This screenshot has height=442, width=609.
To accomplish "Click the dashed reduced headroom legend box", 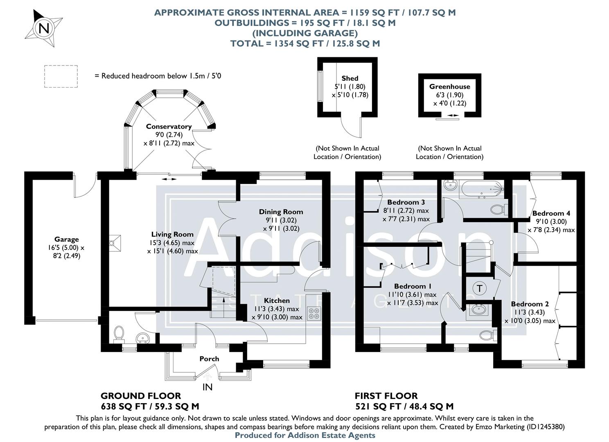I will point(61,76).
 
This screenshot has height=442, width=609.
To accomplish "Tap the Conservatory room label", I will point(169,126).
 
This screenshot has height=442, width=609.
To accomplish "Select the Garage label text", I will point(66,239).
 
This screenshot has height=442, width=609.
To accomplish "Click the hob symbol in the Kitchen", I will point(314,314).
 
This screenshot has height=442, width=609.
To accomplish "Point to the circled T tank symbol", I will point(480,288).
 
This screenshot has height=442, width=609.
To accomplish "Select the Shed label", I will point(350,78).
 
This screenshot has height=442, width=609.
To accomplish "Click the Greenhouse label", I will point(449,86).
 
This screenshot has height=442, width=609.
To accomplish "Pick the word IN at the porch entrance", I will point(208,387).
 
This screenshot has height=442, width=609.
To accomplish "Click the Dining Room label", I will point(281,212).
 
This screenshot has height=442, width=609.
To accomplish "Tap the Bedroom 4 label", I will point(551,213).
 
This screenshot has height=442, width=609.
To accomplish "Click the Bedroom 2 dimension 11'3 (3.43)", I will point(530,312).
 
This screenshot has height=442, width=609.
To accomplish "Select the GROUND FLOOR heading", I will point(141,396).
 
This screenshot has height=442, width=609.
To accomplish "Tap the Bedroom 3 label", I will point(406,202).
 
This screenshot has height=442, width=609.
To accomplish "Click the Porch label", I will point(209,359).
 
